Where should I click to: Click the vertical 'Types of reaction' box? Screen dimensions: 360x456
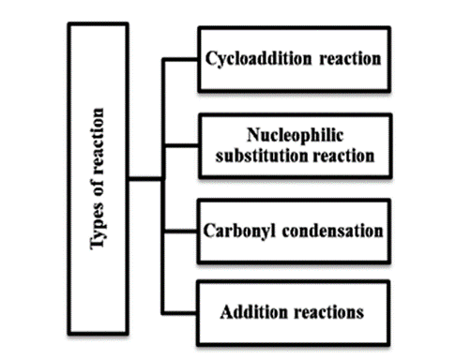[x=98, y=177]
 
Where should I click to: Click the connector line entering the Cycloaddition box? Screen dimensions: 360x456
[x=180, y=61]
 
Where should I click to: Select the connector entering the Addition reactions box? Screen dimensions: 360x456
[x=180, y=312]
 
